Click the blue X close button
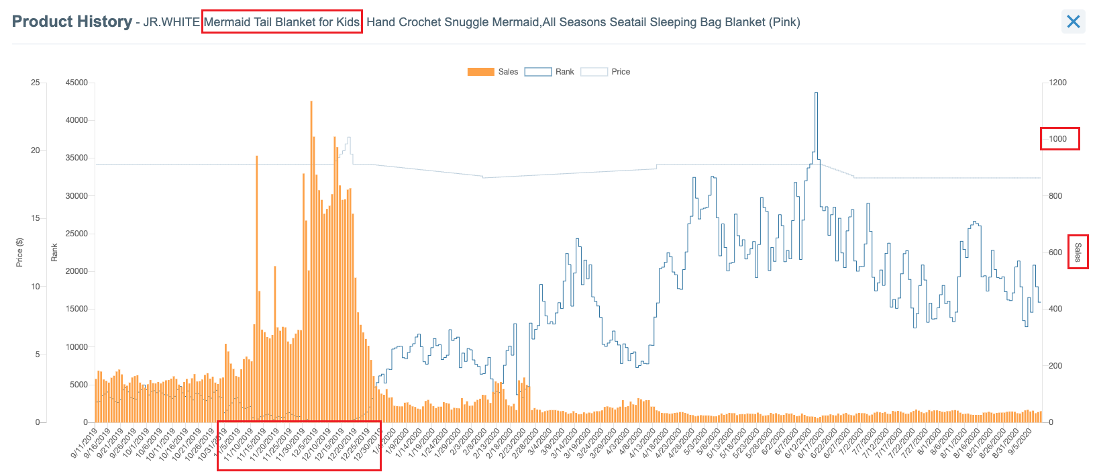click(x=1073, y=21)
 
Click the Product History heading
click(x=72, y=21)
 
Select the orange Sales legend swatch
click(x=480, y=72)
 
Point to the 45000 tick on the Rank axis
click(x=76, y=83)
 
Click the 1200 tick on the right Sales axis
click(x=1057, y=83)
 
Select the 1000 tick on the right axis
click(x=1057, y=139)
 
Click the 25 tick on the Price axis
click(x=35, y=83)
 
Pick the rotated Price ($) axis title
click(x=19, y=252)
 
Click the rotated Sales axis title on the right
click(x=1078, y=252)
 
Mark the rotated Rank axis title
click(x=54, y=252)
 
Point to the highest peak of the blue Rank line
click(x=816, y=93)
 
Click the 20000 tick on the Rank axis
click(x=76, y=271)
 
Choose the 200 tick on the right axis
click(x=1055, y=366)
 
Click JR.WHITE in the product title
click(x=171, y=22)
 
